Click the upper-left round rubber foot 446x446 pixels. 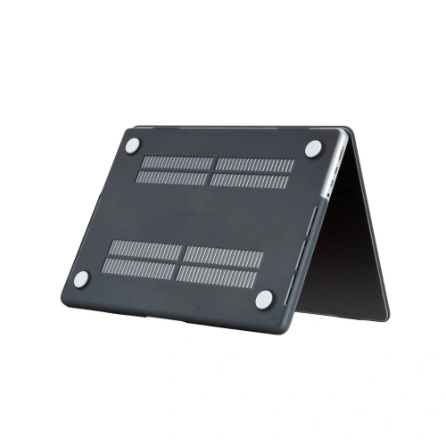[x=132, y=146]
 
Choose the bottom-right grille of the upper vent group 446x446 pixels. [x=250, y=181]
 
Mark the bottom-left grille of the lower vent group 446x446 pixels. [x=139, y=265]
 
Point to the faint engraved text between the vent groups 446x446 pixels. [x=201, y=214]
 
